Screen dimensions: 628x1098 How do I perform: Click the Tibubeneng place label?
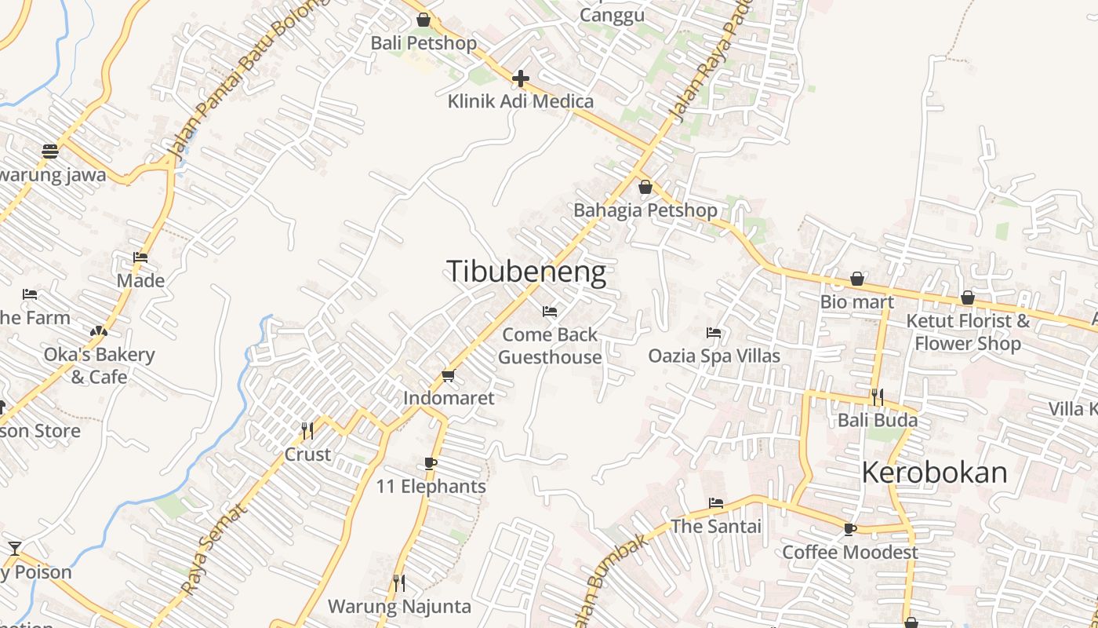(x=526, y=272)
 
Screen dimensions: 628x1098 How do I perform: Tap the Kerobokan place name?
(x=934, y=472)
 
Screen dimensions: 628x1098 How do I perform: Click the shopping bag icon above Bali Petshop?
(x=424, y=20)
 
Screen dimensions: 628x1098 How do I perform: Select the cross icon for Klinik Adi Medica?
(x=520, y=78)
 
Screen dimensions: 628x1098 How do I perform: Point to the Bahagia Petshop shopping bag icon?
(x=645, y=187)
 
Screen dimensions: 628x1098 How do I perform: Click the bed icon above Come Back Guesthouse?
(x=550, y=312)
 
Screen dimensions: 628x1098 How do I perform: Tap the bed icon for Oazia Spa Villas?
(x=714, y=333)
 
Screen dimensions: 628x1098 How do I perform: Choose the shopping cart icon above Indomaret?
(x=449, y=375)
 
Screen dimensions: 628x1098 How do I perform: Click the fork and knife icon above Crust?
(x=307, y=431)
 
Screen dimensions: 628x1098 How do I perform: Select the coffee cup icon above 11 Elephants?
(x=431, y=463)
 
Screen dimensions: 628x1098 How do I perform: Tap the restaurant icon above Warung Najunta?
(x=399, y=582)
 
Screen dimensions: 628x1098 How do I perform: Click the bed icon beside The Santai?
(x=716, y=503)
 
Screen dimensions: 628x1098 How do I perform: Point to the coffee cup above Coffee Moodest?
(x=849, y=529)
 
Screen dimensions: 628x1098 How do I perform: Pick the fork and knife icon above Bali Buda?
(x=877, y=397)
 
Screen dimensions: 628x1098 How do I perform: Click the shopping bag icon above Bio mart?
(x=857, y=279)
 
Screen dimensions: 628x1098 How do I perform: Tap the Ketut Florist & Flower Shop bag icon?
(x=968, y=298)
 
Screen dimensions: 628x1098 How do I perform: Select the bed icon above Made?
(x=140, y=257)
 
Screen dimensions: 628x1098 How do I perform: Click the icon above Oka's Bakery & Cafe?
(x=99, y=332)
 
